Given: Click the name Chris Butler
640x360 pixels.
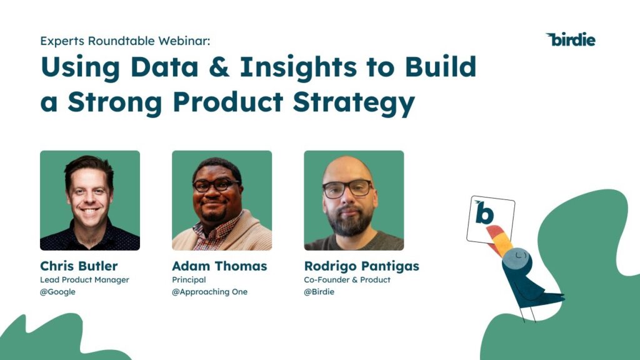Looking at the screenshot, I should tap(79, 266).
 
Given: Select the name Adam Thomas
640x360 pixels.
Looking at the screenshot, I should tap(219, 266).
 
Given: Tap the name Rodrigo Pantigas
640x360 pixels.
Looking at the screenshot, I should tap(361, 266).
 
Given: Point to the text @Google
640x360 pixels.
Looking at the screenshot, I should tap(57, 292).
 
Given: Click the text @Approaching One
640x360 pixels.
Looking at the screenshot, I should tap(209, 292).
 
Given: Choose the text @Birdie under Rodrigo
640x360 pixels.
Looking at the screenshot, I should tap(319, 292).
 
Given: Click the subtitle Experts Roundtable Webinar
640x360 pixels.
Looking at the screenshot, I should tap(126, 41).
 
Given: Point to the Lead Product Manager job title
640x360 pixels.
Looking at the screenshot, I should tap(84, 279).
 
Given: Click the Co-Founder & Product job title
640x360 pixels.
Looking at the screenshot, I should tap(347, 279).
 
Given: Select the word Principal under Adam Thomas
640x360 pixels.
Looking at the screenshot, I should tap(189, 279).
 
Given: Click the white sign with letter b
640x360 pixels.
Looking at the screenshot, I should tap(491, 219).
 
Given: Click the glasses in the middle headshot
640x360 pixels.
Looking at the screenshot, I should tap(216, 185).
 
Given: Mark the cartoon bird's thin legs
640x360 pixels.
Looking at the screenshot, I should tap(528, 312).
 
